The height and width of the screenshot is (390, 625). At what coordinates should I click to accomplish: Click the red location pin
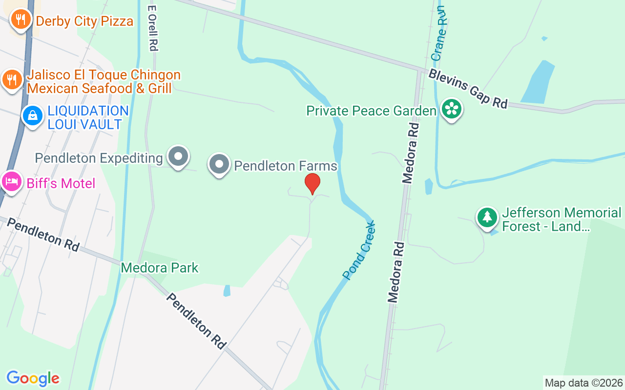[312, 183]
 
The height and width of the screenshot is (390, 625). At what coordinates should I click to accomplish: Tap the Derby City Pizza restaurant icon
[20, 19]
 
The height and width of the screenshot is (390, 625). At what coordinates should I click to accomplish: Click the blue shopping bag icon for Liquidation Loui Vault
[33, 116]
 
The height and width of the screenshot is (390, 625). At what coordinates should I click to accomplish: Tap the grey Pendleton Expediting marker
[178, 156]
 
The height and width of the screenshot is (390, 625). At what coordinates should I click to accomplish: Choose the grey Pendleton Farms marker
[219, 164]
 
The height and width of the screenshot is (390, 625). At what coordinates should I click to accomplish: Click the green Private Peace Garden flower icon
[451, 109]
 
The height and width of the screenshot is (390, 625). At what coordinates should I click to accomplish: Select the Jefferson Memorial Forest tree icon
[487, 217]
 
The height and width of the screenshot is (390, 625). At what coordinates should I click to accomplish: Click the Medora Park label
[160, 268]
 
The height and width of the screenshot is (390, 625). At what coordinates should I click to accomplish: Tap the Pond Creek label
[359, 251]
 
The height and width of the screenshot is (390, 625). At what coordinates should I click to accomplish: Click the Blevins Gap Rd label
[468, 88]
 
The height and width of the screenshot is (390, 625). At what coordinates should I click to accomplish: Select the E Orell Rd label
[153, 28]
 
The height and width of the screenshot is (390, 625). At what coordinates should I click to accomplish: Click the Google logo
[33, 378]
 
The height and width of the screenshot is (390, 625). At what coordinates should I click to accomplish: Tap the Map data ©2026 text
[583, 383]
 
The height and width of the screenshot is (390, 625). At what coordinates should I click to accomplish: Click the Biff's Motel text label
[61, 184]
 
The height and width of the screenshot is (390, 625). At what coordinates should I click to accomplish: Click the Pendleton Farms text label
[286, 166]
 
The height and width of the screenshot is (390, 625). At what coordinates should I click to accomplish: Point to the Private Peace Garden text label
[371, 111]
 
